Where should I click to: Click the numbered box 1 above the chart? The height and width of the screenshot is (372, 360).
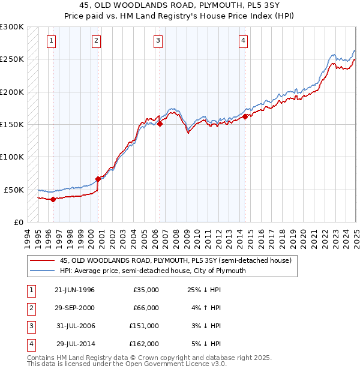51,41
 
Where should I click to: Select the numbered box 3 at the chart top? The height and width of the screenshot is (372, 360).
157,41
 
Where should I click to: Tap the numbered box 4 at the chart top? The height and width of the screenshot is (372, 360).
243,41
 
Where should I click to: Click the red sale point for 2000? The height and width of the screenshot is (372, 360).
98,179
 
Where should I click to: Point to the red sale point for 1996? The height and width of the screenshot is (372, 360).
53,199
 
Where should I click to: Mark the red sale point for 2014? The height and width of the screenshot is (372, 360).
245,116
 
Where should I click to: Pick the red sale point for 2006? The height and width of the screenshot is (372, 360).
160,124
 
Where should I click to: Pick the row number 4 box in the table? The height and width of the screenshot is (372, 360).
29,344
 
